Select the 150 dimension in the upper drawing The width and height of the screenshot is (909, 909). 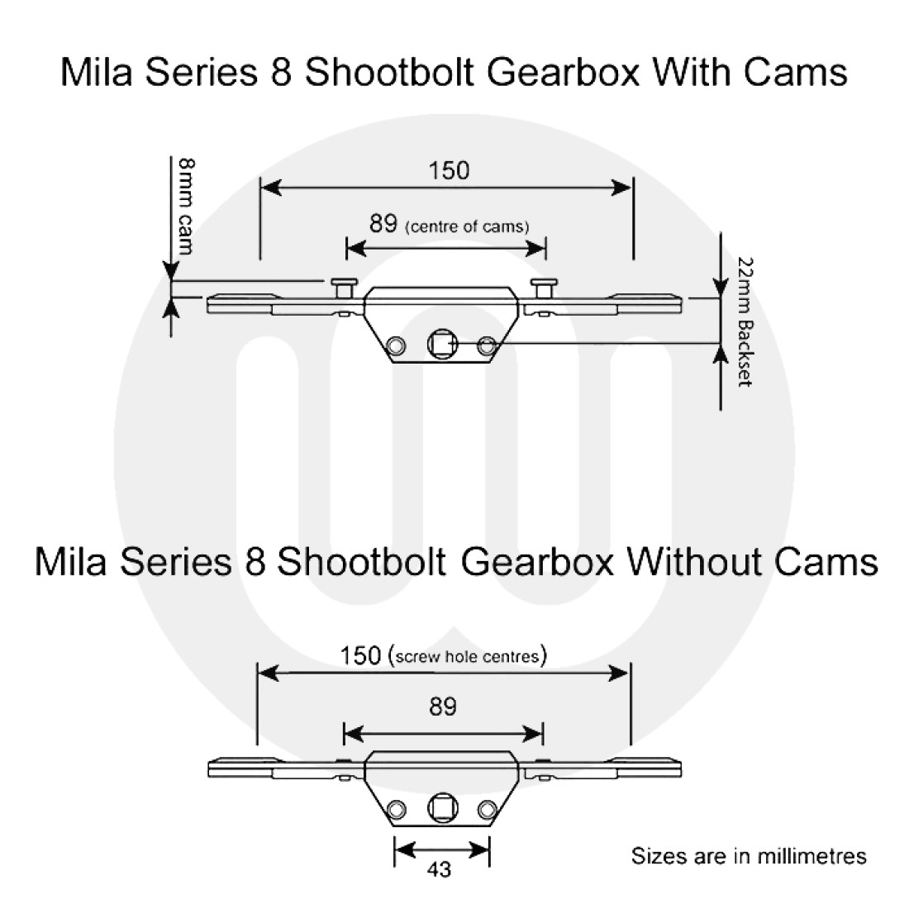(x=449, y=170)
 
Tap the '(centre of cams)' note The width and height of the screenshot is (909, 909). (x=467, y=226)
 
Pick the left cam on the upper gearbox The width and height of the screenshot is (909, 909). (x=344, y=288)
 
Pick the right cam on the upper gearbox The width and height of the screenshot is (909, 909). (x=544, y=288)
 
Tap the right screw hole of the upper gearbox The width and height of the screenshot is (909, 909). (x=487, y=345)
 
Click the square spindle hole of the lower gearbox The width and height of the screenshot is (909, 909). (x=441, y=808)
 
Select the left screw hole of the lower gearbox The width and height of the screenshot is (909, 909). (x=397, y=809)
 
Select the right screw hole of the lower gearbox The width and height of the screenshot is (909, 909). (x=487, y=809)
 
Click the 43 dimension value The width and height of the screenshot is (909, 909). (x=440, y=869)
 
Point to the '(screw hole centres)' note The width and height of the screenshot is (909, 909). (x=467, y=657)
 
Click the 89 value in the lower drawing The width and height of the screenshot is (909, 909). (x=443, y=707)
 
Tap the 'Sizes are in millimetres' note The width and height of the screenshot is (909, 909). (x=749, y=855)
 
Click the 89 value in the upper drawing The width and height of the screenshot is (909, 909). (x=383, y=224)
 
